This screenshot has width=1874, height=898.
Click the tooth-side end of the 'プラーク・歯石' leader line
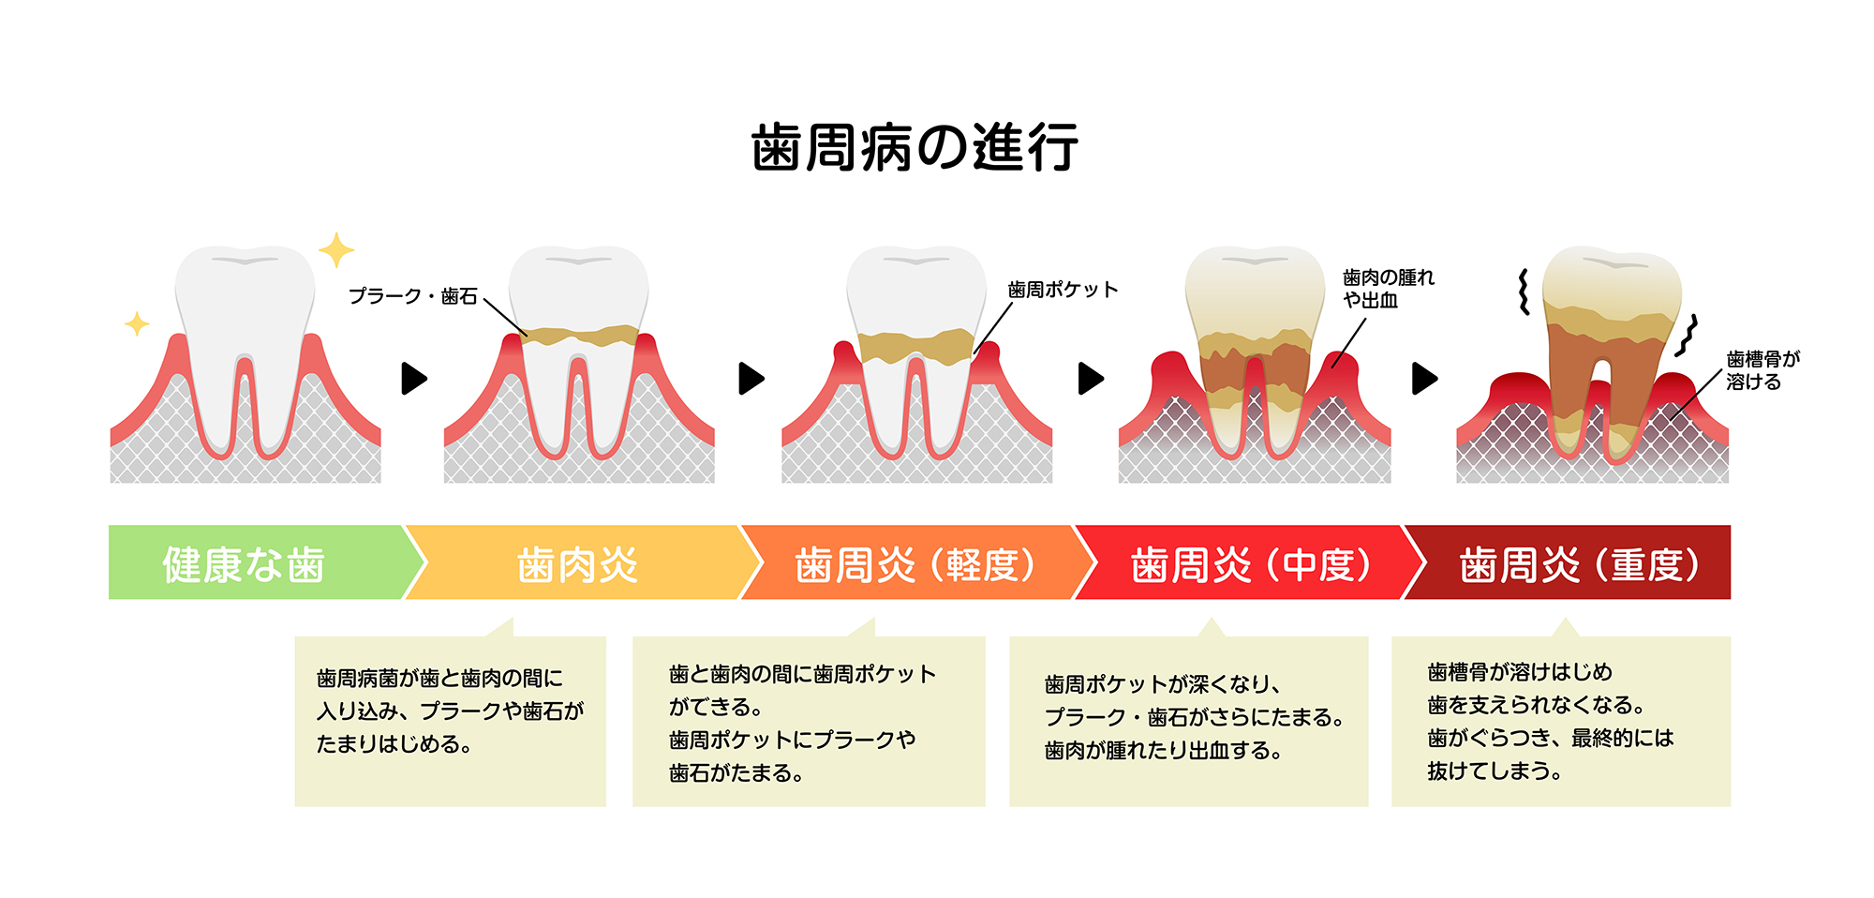528,336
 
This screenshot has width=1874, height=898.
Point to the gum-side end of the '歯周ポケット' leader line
975,353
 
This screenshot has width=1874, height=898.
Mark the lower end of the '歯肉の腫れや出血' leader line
1331,367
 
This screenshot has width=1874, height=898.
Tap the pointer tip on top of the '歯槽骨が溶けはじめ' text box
1564,618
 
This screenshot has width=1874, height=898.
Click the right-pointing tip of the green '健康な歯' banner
426,562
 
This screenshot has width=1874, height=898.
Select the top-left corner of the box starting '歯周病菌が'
295,637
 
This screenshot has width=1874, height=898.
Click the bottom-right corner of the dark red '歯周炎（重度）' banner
1730,599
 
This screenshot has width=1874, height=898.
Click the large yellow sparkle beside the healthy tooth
336,250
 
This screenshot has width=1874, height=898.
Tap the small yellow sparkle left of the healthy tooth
137,324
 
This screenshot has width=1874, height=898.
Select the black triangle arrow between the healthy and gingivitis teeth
414,379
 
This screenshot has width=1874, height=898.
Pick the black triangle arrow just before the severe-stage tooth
1424,379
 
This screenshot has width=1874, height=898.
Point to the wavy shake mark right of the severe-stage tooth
1687,336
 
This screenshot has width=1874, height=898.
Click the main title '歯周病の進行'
915,148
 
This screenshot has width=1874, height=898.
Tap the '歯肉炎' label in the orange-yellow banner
578,565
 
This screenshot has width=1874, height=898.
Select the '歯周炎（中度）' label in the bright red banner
1252,565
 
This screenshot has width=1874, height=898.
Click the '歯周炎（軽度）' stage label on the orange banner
915,565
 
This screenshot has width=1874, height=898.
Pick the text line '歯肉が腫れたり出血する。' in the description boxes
1163,751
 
